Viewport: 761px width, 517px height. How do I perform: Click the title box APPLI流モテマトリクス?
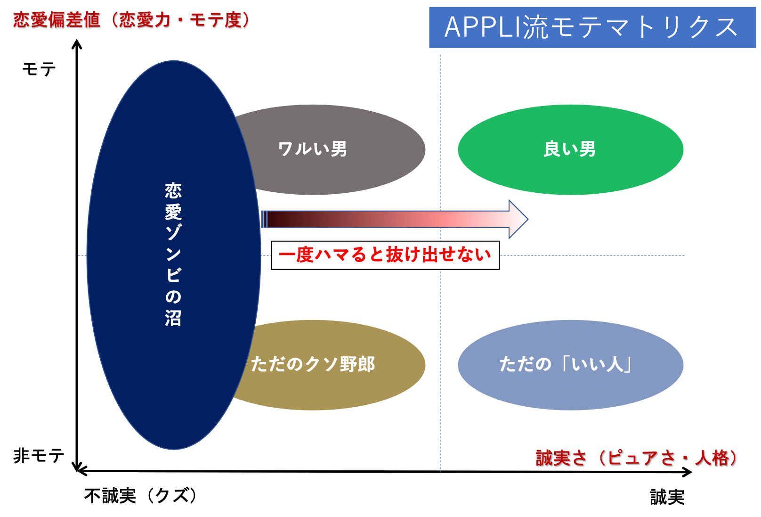tap(592, 27)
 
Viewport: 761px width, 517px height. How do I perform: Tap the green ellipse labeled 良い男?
tap(570, 149)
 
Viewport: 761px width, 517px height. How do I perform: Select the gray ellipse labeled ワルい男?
tap(330, 149)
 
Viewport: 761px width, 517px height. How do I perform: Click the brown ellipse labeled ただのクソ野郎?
tap(330, 364)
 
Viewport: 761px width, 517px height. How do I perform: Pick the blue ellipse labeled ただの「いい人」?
tap(570, 364)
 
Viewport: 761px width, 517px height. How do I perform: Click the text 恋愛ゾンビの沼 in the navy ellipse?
tap(173, 254)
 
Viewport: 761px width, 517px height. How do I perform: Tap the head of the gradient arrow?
tap(518, 219)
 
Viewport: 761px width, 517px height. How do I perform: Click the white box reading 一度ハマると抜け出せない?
tap(385, 255)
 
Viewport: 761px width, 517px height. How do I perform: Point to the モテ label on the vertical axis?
tap(39, 70)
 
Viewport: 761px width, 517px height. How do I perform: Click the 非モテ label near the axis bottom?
tap(39, 455)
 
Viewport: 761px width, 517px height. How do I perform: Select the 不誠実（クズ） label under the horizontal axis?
tap(140, 495)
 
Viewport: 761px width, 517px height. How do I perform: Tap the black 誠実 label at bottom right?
tap(667, 497)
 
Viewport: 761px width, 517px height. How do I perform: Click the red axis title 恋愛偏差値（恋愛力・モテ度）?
tap(131, 20)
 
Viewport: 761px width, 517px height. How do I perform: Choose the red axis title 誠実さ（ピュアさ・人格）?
tap(637, 458)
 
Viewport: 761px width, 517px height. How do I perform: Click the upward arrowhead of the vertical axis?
tap(77, 44)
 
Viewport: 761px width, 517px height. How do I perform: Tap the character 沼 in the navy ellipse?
tap(173, 318)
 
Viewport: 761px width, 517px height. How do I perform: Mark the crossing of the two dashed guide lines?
tap(440, 256)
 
